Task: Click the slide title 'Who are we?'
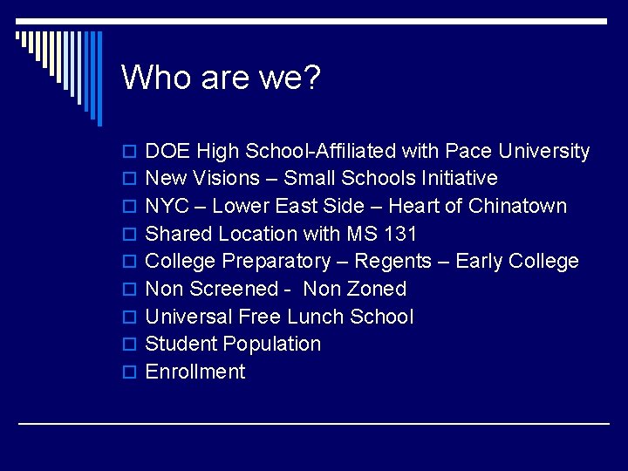(222, 78)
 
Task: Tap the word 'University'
(544, 151)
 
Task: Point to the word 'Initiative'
(460, 179)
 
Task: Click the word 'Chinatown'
(517, 207)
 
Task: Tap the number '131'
(400, 234)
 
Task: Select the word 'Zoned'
(376, 289)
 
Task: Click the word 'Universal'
(188, 317)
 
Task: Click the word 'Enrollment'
(195, 372)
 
